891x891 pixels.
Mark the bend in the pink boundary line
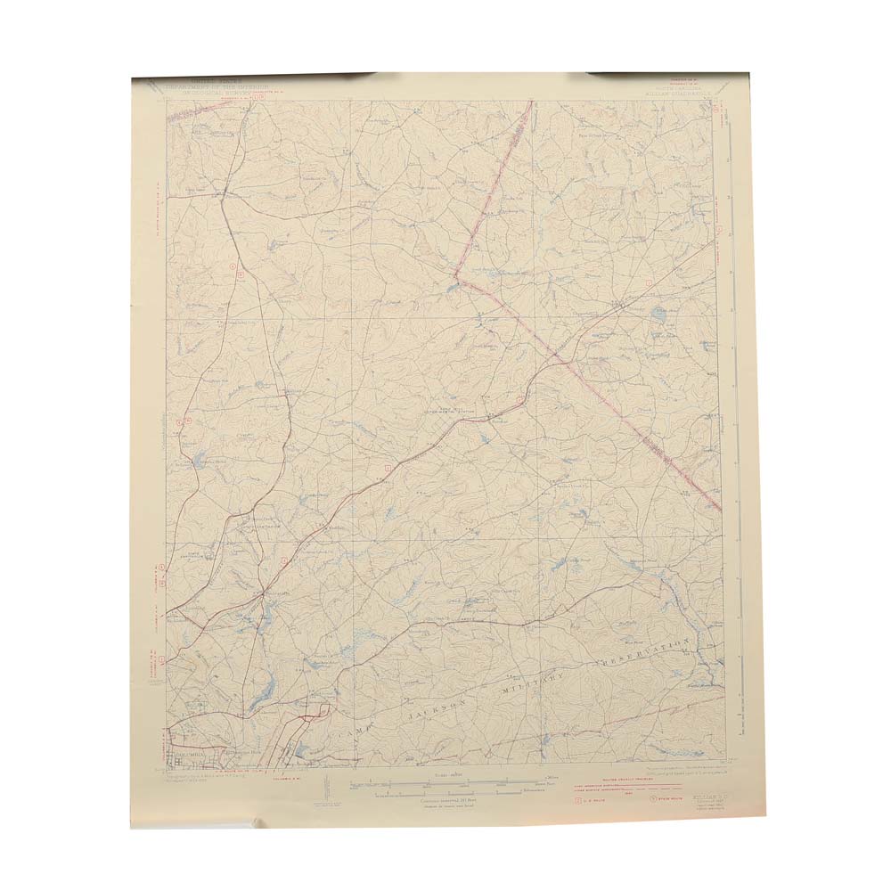[455, 278]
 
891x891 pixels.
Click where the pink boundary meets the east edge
[719, 509]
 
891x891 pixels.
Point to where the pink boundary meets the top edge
[532, 102]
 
